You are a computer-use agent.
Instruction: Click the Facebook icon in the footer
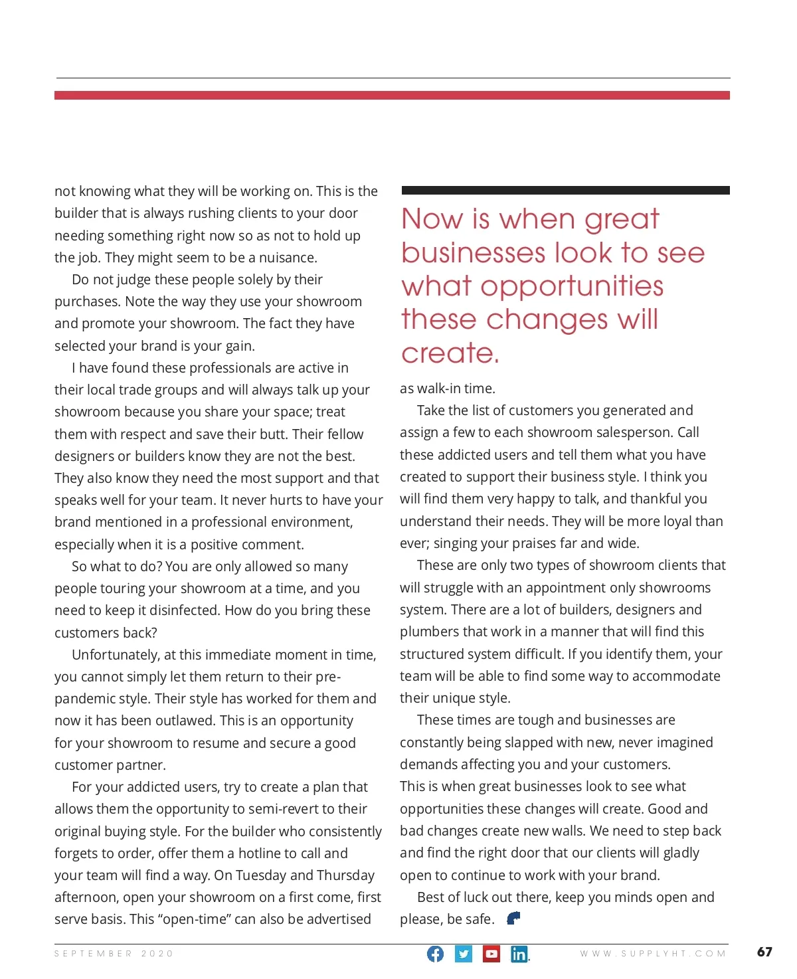coord(435,954)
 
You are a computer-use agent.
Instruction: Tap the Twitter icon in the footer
coord(464,954)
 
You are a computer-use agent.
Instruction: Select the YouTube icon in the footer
coord(491,954)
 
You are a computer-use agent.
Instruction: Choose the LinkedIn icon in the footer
coord(519,954)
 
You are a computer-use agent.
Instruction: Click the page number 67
coord(764,952)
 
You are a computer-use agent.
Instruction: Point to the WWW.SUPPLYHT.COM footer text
coord(653,954)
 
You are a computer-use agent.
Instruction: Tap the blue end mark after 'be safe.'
coord(513,918)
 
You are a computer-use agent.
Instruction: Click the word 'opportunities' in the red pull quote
coord(572,286)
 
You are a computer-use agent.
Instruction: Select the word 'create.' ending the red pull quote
coord(450,353)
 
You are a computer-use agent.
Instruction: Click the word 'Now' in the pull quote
coord(432,219)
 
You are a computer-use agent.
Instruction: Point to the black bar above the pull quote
coord(565,191)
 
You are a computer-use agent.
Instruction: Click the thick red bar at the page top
coord(392,96)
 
